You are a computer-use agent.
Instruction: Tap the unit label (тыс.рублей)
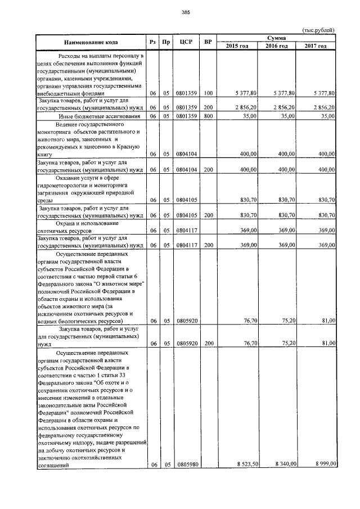(x=318, y=29)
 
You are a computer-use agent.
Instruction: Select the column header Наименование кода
(x=90, y=42)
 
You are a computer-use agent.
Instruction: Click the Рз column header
(x=152, y=42)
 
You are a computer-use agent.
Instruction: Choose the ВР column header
(x=208, y=42)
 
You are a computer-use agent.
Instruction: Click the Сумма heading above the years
(x=276, y=37)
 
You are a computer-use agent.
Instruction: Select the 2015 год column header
(x=237, y=46)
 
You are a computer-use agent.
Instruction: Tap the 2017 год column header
(x=315, y=46)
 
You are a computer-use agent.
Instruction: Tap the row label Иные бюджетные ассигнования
(x=93, y=116)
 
